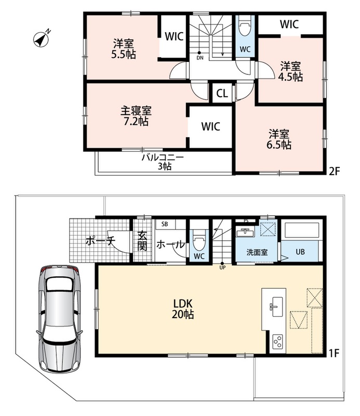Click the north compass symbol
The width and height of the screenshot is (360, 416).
pyautogui.click(x=42, y=40)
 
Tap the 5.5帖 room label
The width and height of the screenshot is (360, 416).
pyautogui.click(x=124, y=49)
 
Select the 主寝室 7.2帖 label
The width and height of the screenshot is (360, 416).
pyautogui.click(x=136, y=116)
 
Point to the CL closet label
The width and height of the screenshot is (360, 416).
pyautogui.click(x=222, y=94)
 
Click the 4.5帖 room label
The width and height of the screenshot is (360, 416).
pyautogui.click(x=290, y=71)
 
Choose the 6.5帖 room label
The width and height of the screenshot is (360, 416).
pyautogui.click(x=279, y=139)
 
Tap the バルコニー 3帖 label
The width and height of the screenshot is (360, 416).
pyautogui.click(x=163, y=162)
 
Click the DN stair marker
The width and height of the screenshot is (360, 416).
pyautogui.click(x=200, y=56)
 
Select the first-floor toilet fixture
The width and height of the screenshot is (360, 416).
pyautogui.click(x=199, y=240)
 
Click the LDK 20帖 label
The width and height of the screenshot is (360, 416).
pyautogui.click(x=183, y=309)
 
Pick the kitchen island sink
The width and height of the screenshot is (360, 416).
pyautogui.click(x=276, y=306)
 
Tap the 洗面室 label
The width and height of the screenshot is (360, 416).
pyautogui.click(x=257, y=252)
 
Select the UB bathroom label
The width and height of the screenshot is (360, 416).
pyautogui.click(x=300, y=252)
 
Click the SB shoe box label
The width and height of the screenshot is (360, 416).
pyautogui.click(x=165, y=224)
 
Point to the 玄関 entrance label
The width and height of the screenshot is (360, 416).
pyautogui.click(x=142, y=241)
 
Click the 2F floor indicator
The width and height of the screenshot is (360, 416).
pyautogui.click(x=334, y=171)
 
